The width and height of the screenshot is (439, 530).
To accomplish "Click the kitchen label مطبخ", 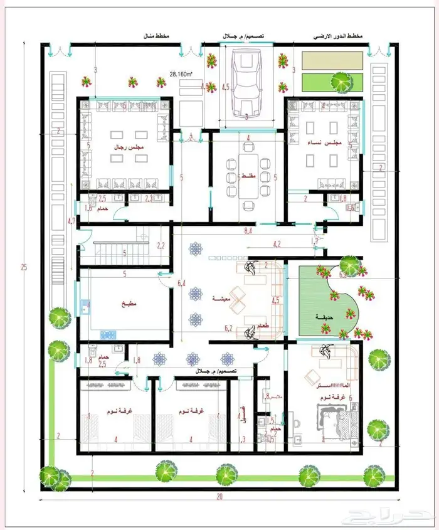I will point(128,303).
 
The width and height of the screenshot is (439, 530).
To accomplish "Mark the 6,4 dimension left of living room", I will point(181,283).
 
